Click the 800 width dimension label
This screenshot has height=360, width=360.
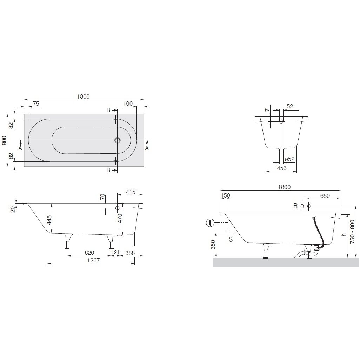point(4,140)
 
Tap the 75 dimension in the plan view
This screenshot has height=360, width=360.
point(36,104)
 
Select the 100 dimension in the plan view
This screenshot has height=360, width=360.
point(128,104)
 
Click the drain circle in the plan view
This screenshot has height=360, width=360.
point(118,140)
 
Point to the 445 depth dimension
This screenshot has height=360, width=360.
point(49,220)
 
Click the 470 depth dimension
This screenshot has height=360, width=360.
point(120,219)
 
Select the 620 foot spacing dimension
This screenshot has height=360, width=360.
point(89,253)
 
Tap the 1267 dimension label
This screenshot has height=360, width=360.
point(93,260)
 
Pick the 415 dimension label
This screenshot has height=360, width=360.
point(131,192)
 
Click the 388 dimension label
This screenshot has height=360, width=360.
point(130,253)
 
